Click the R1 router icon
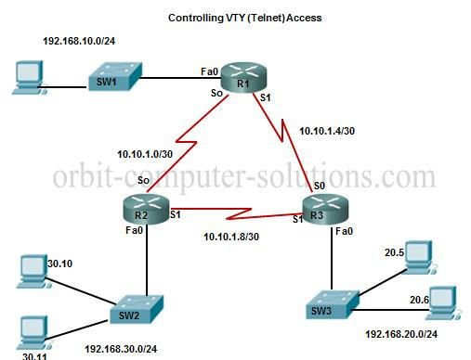(243, 77)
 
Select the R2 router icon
(146, 209)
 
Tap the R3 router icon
(325, 209)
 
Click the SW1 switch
(115, 77)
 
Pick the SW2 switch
(137, 309)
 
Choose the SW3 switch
(333, 304)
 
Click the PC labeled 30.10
(33, 272)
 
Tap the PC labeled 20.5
(420, 257)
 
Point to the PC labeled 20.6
(443, 302)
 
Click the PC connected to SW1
(29, 77)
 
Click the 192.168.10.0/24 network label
(79, 41)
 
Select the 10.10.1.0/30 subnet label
(145, 154)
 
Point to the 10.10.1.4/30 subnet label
(327, 131)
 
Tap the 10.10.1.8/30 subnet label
(231, 237)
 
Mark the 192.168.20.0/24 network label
(401, 334)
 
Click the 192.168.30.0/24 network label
(121, 349)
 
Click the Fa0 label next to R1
(209, 71)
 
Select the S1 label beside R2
(175, 214)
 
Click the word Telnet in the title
(267, 18)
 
